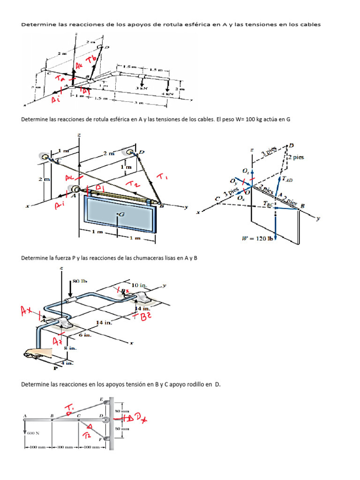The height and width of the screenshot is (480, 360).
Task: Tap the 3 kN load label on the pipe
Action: tap(142, 88)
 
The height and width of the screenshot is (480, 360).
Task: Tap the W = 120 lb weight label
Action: tap(257, 239)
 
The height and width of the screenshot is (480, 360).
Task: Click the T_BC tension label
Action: tap(269, 203)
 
